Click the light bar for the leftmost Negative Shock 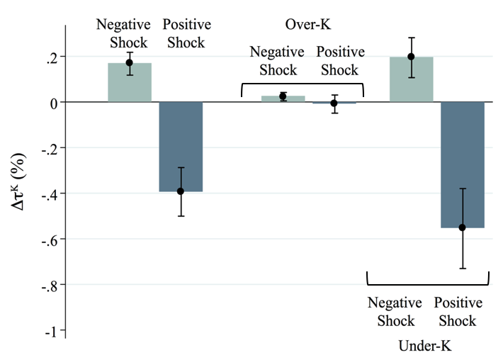(x=129, y=84)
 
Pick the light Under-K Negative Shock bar (x=411, y=80)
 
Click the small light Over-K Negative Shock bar (x=283, y=99)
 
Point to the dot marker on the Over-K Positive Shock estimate (x=334, y=103)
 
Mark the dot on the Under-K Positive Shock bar (x=463, y=227)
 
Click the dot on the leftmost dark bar (x=181, y=191)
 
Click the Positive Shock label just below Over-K (x=340, y=61)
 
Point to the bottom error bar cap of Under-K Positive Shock (x=463, y=269)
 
